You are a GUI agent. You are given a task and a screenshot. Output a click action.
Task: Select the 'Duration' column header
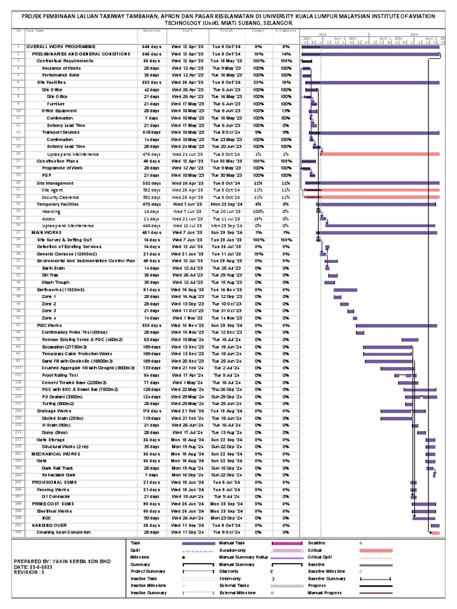coord(151,30)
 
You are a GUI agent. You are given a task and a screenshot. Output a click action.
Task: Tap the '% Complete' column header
coord(285,30)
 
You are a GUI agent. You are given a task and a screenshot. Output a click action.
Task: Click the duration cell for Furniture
coord(151,103)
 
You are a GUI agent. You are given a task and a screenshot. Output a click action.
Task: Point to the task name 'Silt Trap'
coord(51,275)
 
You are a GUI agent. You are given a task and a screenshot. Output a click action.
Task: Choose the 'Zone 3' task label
coord(49,310)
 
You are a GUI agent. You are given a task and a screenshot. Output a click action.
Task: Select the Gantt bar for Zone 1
coord(345,296)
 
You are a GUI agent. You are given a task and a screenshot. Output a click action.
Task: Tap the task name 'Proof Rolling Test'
coord(61,375)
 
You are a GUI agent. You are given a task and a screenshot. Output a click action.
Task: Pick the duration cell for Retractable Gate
coord(151,475)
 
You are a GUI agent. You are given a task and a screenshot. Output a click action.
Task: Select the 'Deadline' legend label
coord(317,543)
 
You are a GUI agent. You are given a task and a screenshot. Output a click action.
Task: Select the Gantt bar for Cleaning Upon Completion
coord(436,532)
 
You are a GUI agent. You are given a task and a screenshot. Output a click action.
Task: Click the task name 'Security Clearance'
coord(60,197)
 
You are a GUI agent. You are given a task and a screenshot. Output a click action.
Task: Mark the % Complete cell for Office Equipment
coord(286,111)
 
